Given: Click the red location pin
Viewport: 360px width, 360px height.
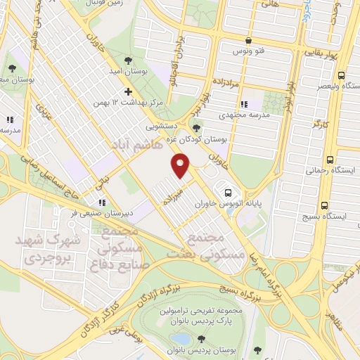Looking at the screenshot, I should click(x=181, y=166).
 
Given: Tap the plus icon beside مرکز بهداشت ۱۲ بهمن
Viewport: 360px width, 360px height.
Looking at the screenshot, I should click(x=127, y=91).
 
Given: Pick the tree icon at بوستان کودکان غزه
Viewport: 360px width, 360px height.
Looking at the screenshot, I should click(x=195, y=128).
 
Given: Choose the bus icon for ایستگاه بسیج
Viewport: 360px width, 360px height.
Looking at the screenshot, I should click(x=324, y=206).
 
